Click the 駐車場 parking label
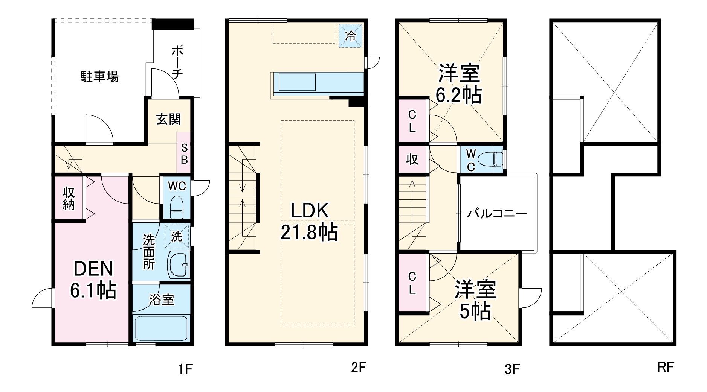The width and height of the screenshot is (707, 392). (100, 76)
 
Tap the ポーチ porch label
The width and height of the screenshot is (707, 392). (177, 62)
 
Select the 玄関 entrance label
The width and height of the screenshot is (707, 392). (169, 119)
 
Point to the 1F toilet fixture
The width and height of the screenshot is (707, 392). (176, 207)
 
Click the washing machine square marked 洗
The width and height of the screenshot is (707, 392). (177, 236)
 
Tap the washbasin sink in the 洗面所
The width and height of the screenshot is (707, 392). (177, 265)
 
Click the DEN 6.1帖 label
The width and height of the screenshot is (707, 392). (93, 280)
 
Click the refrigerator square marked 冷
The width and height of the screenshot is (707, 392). (351, 36)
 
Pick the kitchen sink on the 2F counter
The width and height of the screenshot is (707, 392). (297, 82)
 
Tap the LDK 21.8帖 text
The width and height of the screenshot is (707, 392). (309, 222)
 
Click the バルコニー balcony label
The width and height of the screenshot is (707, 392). (497, 214)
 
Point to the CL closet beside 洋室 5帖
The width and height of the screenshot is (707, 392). (412, 283)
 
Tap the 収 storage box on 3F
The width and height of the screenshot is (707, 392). (412, 160)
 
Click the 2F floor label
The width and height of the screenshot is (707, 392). (359, 368)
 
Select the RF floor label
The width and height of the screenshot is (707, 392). (666, 367)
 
